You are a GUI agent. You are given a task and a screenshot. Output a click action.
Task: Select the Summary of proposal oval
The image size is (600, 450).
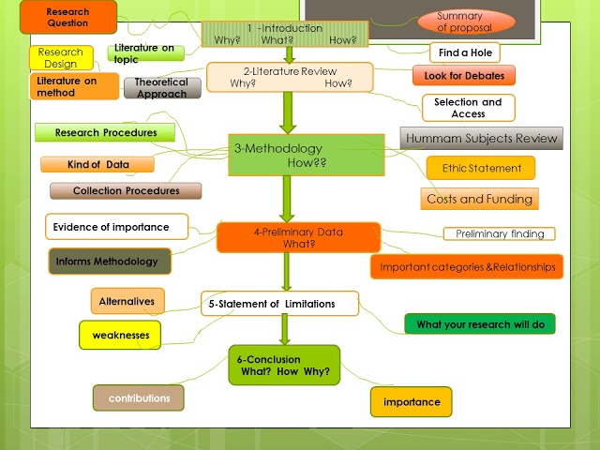[x=466, y=22]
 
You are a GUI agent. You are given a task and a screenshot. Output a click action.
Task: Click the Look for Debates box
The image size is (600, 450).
[x=463, y=75]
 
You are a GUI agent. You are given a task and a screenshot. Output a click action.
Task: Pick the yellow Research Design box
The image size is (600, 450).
[x=61, y=57]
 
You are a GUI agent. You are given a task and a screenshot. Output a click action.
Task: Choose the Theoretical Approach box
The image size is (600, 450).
[x=161, y=87]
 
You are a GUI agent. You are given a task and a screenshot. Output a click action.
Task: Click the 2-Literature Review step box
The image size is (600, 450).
[x=290, y=77]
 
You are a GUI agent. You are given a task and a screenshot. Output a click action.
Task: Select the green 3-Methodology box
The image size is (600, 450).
[x=306, y=155]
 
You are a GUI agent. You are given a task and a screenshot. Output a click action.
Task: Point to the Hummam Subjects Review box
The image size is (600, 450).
[x=481, y=139]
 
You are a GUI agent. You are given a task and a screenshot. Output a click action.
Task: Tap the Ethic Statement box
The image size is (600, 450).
[x=481, y=168]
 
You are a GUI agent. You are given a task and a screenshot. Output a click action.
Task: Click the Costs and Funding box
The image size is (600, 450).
[x=479, y=199]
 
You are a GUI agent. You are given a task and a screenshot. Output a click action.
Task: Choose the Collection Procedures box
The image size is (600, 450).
[x=126, y=190]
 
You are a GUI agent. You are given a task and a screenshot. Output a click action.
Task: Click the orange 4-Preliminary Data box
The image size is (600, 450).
[x=298, y=237]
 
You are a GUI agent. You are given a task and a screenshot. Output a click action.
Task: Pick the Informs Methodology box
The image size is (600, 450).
[x=110, y=261]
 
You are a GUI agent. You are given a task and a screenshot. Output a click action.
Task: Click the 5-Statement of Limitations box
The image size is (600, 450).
[x=280, y=303]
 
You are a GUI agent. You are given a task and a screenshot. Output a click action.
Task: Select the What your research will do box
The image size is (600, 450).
[x=479, y=323]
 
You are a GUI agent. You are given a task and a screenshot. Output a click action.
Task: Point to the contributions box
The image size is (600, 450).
[x=138, y=397]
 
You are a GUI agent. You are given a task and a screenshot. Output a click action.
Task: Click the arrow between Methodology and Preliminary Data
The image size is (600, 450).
[x=287, y=199]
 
